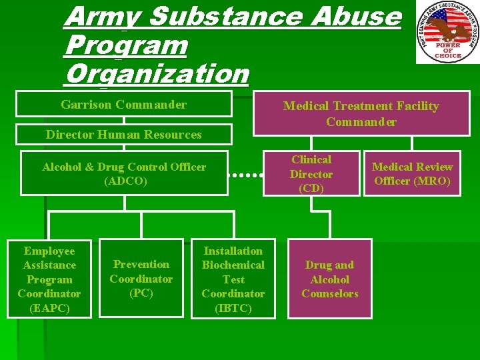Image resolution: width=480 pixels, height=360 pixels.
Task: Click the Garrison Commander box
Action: point(124,105)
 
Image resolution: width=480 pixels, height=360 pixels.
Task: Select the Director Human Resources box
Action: point(124,135)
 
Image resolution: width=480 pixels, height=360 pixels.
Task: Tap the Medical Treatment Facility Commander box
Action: point(361,113)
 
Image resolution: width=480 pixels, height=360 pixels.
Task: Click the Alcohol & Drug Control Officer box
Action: point(124,173)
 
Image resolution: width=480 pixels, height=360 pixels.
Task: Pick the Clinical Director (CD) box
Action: point(311,174)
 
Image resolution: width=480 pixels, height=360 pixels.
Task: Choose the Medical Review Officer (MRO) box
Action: point(412,174)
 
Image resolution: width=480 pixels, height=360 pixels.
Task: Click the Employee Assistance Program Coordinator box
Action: point(49,279)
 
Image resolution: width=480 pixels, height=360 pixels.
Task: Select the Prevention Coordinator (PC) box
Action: point(141,279)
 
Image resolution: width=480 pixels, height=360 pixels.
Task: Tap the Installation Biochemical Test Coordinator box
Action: point(233,279)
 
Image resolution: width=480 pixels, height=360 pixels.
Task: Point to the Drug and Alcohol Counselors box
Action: point(329,279)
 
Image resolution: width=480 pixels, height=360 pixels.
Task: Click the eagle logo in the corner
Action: point(447,31)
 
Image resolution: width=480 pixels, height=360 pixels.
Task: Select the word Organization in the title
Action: point(156,73)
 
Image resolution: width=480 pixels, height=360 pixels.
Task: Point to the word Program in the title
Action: point(126,45)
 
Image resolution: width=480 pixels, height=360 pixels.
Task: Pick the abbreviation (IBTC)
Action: point(233,308)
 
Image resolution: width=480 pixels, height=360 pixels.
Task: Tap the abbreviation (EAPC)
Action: point(49,308)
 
